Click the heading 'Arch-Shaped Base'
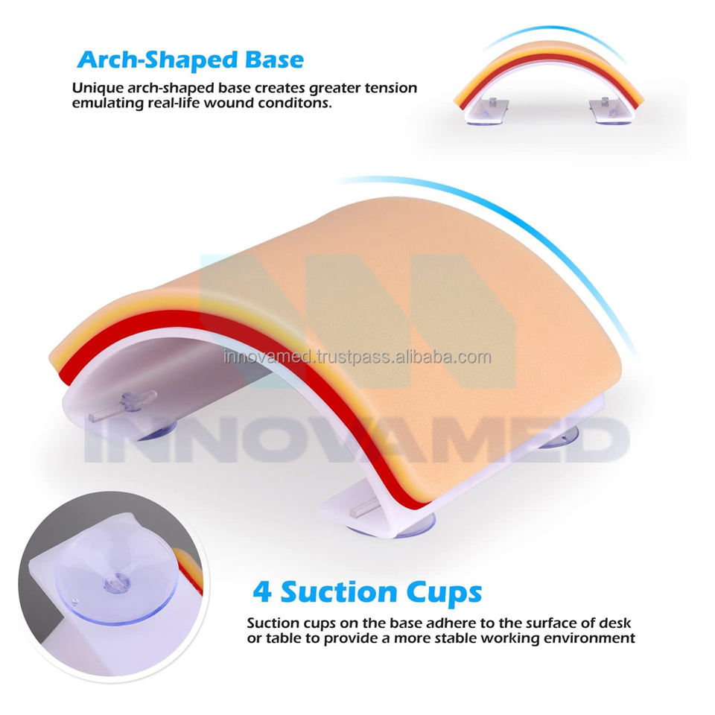191,60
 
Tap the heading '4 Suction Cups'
367,591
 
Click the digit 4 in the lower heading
262,591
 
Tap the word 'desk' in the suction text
614,623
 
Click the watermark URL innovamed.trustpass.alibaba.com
357,357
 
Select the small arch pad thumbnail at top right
549,82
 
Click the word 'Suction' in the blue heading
339,591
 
